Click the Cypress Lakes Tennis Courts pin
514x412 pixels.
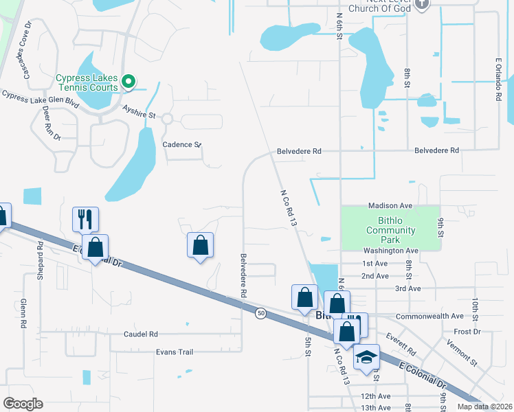(128, 83)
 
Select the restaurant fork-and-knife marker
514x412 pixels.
(85, 220)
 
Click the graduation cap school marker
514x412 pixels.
(366, 358)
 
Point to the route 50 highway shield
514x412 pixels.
(261, 313)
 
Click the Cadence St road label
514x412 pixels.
(181, 145)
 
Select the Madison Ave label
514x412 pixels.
(390, 205)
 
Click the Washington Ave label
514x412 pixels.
(391, 251)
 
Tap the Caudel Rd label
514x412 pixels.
(141, 334)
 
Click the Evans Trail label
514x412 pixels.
(175, 352)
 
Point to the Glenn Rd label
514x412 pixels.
(23, 312)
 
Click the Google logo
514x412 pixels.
(23, 404)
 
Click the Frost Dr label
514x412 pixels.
(467, 331)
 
